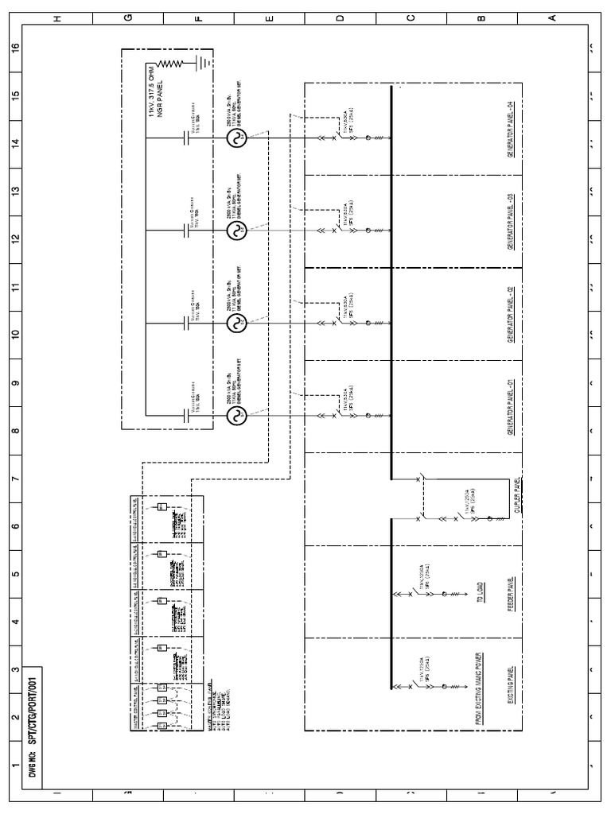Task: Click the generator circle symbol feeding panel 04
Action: click(236, 139)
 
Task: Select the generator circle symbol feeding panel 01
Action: click(236, 415)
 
